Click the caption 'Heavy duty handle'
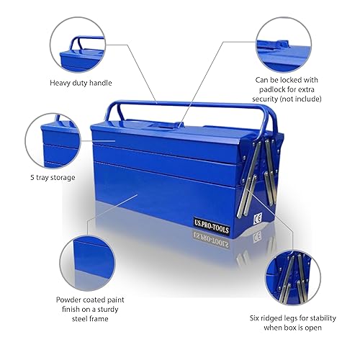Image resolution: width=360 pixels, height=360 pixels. coord(80,83)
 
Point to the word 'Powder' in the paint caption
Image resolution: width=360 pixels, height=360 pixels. coord(72,299)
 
